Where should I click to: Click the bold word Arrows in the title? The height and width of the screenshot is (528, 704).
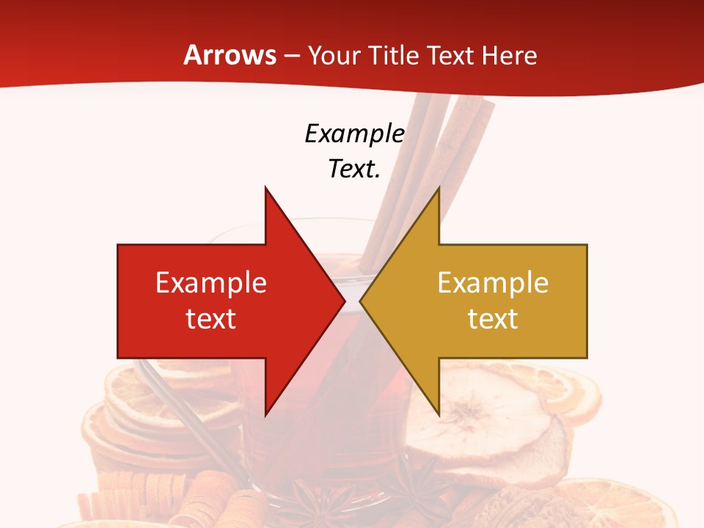(x=230, y=55)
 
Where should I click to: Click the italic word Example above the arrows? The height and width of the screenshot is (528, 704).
(x=354, y=133)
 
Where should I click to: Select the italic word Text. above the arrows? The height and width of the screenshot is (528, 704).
(x=354, y=169)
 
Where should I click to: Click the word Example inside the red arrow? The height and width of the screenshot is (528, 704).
(x=211, y=282)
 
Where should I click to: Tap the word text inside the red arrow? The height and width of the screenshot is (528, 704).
(x=211, y=318)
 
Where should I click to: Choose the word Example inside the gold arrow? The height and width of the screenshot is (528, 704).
(x=493, y=282)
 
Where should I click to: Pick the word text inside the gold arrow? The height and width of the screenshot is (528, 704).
(x=493, y=318)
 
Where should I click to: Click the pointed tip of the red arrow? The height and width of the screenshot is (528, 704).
(x=344, y=301)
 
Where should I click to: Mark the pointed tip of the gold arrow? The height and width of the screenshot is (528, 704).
(x=361, y=301)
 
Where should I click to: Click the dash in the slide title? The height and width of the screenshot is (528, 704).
(x=291, y=56)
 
